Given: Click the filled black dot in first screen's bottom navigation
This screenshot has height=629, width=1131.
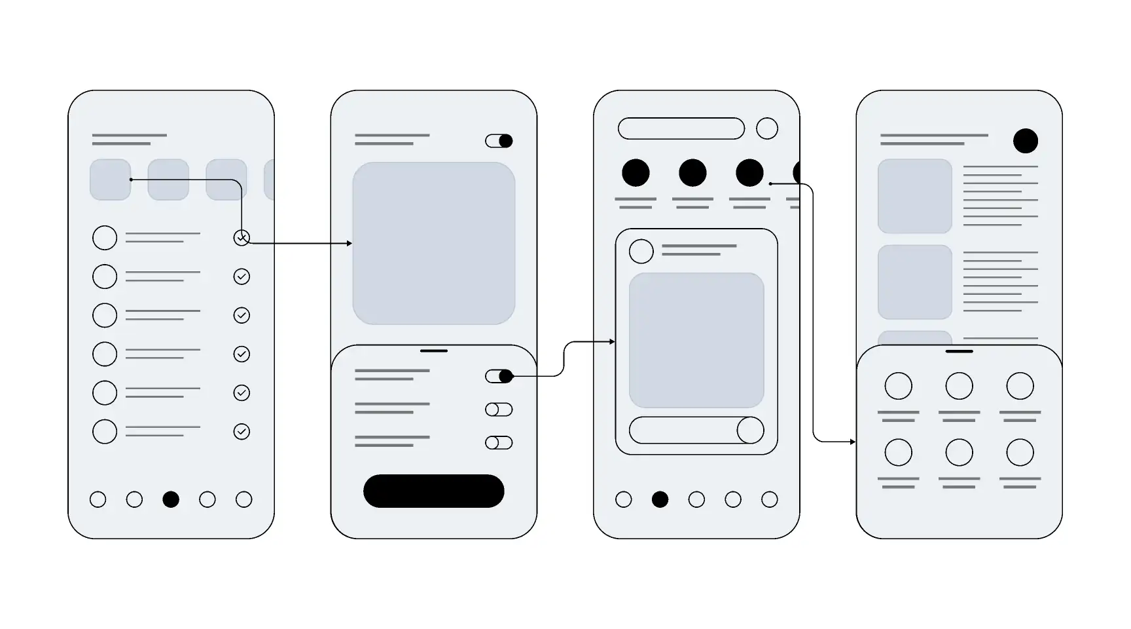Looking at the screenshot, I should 171,499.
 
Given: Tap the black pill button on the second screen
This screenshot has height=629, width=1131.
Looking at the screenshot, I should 433,491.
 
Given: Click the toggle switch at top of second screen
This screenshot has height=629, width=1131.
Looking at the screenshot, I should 499,141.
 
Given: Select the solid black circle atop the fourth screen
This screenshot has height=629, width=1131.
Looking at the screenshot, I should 1025,141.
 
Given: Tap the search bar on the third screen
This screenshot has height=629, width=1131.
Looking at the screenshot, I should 681,128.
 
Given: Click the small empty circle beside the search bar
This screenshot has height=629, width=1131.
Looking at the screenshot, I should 766,128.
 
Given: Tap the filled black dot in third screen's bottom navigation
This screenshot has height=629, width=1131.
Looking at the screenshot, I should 660,499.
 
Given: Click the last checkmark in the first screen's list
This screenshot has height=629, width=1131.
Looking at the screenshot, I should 242,432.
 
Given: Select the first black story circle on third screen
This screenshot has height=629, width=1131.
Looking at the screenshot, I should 635,173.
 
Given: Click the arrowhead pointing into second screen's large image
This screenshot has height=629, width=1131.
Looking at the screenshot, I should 350,244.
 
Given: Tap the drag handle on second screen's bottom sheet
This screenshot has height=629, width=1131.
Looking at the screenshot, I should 433,351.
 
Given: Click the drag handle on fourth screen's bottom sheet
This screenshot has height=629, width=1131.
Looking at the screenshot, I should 959,351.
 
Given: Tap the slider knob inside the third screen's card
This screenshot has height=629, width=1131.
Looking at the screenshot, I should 750,430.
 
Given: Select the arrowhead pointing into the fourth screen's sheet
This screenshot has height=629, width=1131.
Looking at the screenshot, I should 853,442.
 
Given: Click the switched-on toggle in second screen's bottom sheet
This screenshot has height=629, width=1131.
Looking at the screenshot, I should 499,376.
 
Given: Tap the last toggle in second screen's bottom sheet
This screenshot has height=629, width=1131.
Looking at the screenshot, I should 499,443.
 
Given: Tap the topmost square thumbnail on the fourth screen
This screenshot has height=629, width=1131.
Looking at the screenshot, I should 914,196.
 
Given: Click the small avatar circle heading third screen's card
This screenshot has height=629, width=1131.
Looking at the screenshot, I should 641,252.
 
